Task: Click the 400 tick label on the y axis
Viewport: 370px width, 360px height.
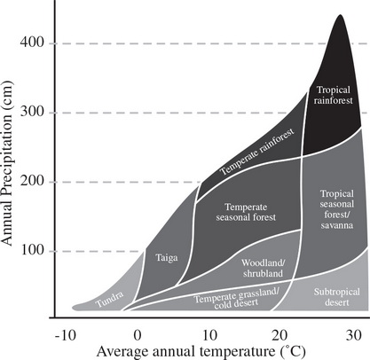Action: [38, 43]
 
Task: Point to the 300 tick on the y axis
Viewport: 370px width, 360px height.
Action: [38, 113]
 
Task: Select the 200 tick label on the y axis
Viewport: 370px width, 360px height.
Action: [38, 182]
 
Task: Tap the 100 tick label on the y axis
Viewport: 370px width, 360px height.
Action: [38, 251]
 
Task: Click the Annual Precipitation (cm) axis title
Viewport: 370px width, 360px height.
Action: [12, 163]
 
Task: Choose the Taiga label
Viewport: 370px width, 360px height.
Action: [165, 258]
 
